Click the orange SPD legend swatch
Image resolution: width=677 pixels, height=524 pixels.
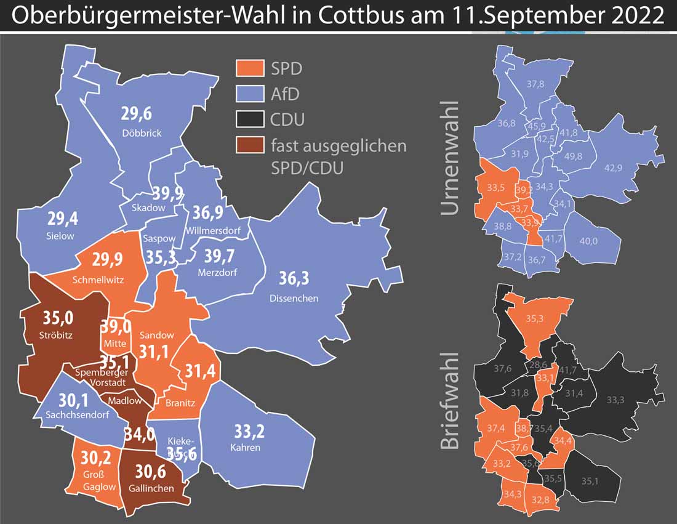(250, 67)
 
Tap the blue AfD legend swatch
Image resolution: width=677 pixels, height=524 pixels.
(250, 93)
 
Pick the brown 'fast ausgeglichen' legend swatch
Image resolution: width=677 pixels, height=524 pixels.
(250, 145)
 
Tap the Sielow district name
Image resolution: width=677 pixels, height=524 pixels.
(60, 236)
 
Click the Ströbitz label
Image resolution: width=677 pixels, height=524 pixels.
(57, 337)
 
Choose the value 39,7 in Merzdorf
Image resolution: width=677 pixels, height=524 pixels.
(217, 254)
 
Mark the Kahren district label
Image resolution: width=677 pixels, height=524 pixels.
(246, 447)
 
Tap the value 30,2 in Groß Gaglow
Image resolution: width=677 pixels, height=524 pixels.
(98, 459)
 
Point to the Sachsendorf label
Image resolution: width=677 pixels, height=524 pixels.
(78, 415)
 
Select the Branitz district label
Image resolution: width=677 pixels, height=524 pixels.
(180, 403)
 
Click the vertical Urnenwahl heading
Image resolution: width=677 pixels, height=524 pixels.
(451, 158)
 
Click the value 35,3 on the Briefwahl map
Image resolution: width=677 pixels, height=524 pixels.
(535, 319)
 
